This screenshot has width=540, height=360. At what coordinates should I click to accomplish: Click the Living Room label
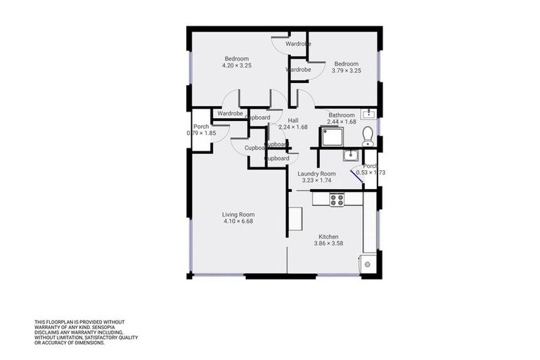click(x=238, y=214)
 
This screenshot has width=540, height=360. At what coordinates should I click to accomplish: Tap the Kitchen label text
click(x=328, y=236)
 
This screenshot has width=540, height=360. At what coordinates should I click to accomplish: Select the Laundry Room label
click(x=316, y=173)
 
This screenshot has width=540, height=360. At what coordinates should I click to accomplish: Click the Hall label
click(x=293, y=120)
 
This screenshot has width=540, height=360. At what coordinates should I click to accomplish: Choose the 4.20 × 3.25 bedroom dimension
click(x=236, y=65)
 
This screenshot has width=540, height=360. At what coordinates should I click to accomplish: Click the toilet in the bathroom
click(x=366, y=135)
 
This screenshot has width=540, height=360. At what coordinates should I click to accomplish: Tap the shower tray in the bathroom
click(x=333, y=137)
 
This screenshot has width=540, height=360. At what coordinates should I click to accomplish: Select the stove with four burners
click(x=337, y=199)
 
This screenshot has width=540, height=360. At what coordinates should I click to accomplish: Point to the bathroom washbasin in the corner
click(x=368, y=113)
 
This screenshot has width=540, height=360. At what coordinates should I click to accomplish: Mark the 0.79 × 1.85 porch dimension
click(x=201, y=133)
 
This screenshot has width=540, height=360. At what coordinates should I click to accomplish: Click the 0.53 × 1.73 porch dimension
click(x=371, y=172)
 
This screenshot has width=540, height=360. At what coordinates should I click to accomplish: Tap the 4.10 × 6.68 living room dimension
click(x=238, y=221)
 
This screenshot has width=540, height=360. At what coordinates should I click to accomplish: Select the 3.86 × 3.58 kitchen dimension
click(x=328, y=243)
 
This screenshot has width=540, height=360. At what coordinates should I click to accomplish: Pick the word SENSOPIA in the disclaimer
click(x=114, y=326)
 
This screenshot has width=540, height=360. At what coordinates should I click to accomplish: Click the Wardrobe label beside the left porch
click(x=230, y=113)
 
